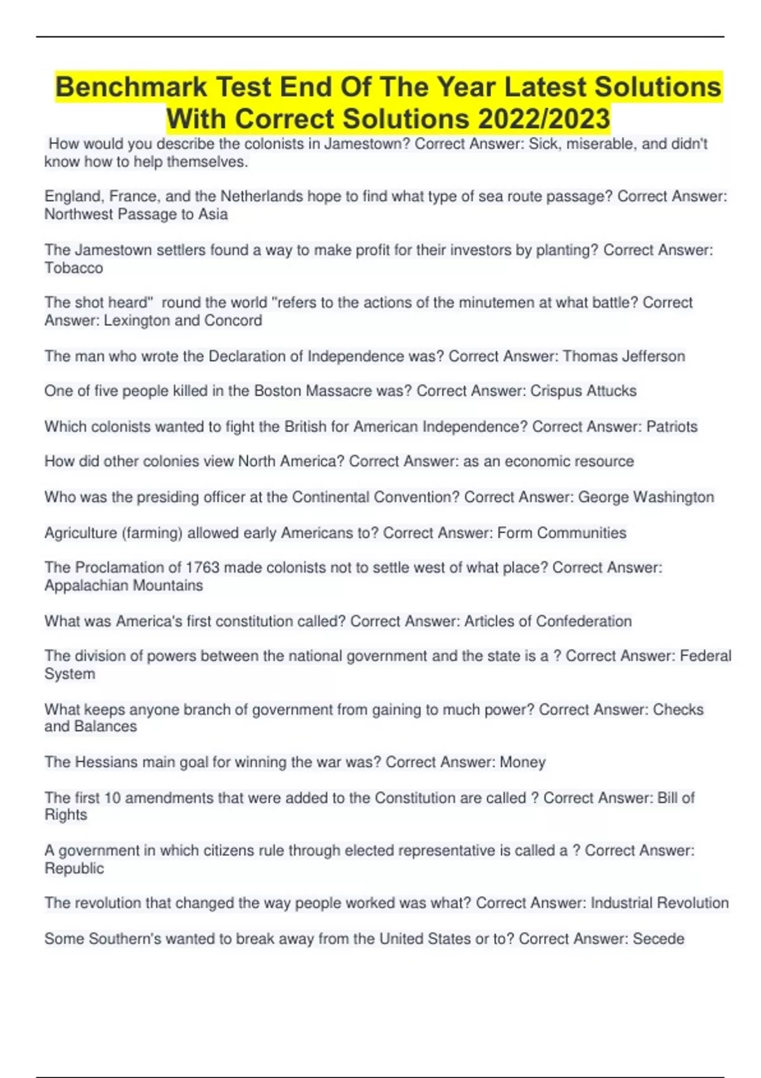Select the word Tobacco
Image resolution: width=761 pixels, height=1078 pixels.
click(x=74, y=268)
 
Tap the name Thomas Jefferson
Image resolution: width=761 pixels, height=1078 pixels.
click(x=624, y=356)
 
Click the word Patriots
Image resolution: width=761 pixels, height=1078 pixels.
click(x=672, y=426)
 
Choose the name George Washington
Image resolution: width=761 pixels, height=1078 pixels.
click(x=646, y=497)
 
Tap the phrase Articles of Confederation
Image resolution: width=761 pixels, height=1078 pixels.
click(x=548, y=621)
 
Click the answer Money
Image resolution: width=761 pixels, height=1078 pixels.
click(x=523, y=762)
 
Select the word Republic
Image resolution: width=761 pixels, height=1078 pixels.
click(x=74, y=868)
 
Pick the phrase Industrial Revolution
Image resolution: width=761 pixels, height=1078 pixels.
click(x=660, y=902)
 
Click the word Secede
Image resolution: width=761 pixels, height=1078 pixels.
click(x=659, y=938)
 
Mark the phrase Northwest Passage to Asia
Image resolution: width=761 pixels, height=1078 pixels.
click(x=136, y=214)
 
